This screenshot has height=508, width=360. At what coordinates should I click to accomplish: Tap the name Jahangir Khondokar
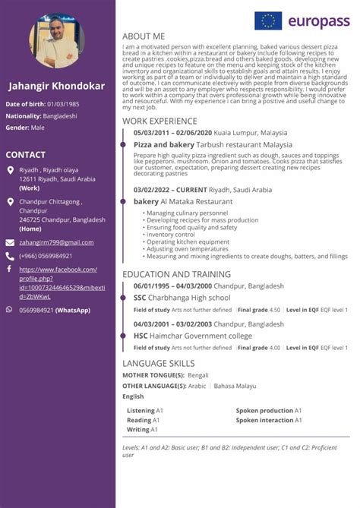56,86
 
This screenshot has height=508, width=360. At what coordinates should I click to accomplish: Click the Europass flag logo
267,21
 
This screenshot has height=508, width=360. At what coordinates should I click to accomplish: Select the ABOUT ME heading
144,36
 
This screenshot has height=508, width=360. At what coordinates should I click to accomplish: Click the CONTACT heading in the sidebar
26,155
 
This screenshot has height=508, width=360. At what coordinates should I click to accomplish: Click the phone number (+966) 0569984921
46,256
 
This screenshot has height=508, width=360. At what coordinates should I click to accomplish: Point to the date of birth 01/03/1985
62,103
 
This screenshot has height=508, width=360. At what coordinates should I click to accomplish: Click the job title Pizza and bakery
163,144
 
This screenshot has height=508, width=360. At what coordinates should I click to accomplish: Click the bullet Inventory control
171,235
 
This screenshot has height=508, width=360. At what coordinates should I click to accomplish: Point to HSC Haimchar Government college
192,336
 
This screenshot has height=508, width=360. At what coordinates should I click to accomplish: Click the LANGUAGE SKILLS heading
158,363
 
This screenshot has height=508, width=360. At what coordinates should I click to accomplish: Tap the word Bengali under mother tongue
197,375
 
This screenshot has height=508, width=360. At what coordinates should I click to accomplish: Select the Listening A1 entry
143,411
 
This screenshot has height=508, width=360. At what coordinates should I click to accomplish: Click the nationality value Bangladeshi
60,115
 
